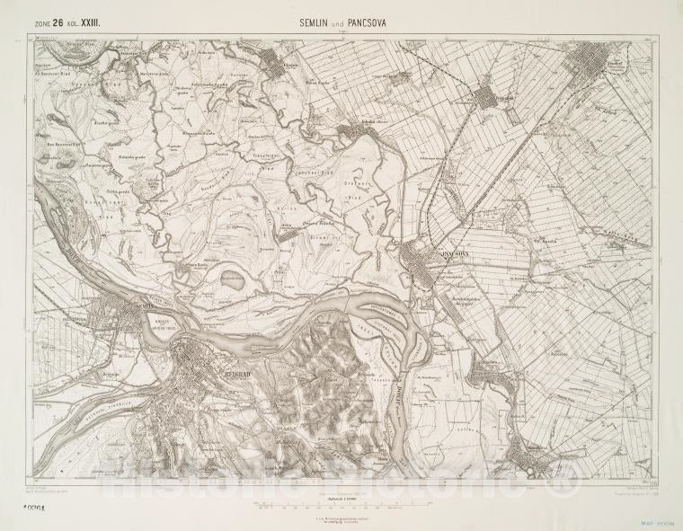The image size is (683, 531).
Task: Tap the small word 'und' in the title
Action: click(x=338, y=26)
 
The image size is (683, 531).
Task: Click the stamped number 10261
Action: click(x=33, y=506)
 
